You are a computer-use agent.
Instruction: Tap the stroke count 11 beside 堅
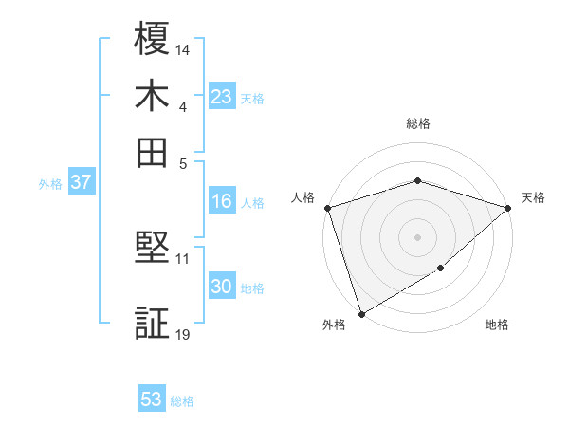(x=183, y=258)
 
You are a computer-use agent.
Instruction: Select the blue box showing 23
(x=221, y=96)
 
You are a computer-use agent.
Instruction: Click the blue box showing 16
(x=221, y=201)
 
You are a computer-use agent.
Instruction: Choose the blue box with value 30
(x=221, y=287)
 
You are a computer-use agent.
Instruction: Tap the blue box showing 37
(x=81, y=182)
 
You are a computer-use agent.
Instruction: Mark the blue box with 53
(x=151, y=400)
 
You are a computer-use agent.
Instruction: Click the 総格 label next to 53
(x=182, y=401)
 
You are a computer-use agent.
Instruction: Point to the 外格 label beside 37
(x=50, y=184)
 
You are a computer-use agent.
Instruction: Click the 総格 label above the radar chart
(x=417, y=123)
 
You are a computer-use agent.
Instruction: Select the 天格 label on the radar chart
(x=533, y=197)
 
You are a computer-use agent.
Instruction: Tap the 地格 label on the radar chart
(x=497, y=325)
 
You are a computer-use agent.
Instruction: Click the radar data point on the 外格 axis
(x=360, y=314)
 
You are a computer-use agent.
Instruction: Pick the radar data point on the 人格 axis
(x=327, y=208)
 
